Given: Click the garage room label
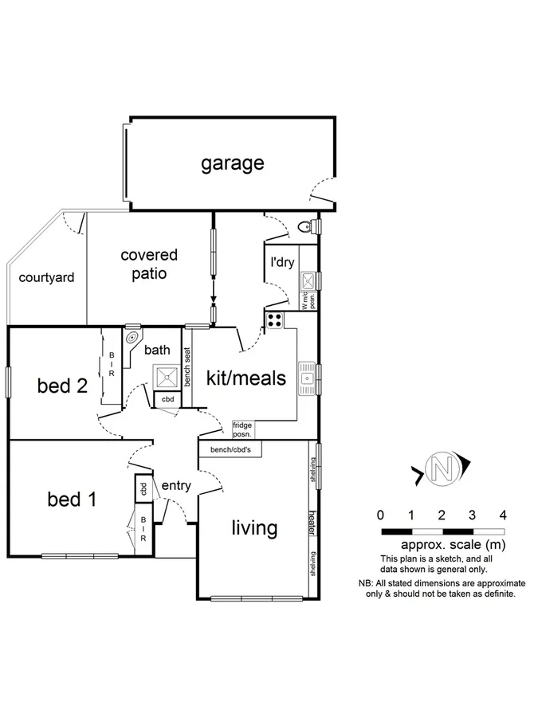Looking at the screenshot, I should click(x=232, y=164).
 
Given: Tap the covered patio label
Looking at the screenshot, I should click(x=149, y=264).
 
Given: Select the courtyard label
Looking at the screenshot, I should click(x=47, y=278).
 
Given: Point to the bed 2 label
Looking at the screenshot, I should click(x=62, y=386).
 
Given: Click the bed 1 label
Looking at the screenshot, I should click(x=72, y=500).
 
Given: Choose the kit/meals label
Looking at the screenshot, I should click(x=245, y=378).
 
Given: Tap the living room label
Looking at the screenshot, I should click(x=254, y=527).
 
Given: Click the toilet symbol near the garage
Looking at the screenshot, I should click(x=306, y=228).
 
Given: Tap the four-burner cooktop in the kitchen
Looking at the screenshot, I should click(x=274, y=321).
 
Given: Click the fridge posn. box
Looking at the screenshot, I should click(x=242, y=430).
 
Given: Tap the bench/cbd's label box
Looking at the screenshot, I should click(x=230, y=450).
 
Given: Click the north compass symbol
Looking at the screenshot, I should click(x=441, y=468).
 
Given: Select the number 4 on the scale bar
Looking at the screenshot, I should click(x=502, y=514).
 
